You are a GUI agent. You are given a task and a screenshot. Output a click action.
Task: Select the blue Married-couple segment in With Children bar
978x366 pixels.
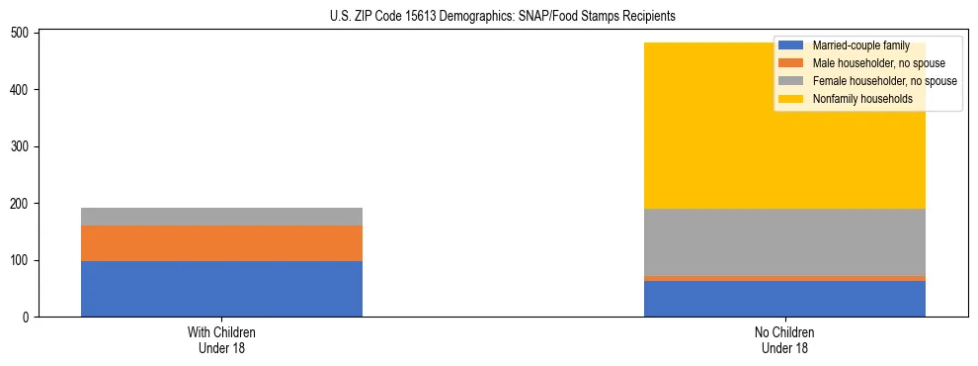click(221, 289)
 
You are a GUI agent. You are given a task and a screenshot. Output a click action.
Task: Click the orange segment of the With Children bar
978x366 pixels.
click(221, 243)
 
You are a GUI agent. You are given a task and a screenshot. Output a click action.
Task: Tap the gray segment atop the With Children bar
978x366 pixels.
click(221, 217)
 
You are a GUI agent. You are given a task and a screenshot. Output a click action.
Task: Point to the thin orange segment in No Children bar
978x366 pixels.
click(784, 278)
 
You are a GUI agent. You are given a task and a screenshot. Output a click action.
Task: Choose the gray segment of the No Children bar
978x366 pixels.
click(784, 242)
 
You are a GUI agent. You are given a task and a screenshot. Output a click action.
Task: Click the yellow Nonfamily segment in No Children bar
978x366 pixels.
click(784, 148)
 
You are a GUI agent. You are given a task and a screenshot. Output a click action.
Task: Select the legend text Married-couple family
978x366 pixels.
click(862, 46)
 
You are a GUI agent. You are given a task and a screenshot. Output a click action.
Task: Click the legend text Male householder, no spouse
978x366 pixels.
click(878, 63)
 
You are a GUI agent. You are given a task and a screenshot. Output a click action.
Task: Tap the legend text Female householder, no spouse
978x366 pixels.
click(884, 81)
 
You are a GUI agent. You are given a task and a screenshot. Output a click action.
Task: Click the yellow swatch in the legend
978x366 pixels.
click(791, 99)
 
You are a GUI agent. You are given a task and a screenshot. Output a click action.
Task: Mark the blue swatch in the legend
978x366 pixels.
click(791, 46)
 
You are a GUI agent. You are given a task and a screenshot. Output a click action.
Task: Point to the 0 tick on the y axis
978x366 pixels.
click(30, 318)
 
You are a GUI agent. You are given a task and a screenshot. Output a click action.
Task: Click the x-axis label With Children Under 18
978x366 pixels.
click(221, 339)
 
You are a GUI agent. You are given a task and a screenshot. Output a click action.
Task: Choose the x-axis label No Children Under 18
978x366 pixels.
click(784, 339)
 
